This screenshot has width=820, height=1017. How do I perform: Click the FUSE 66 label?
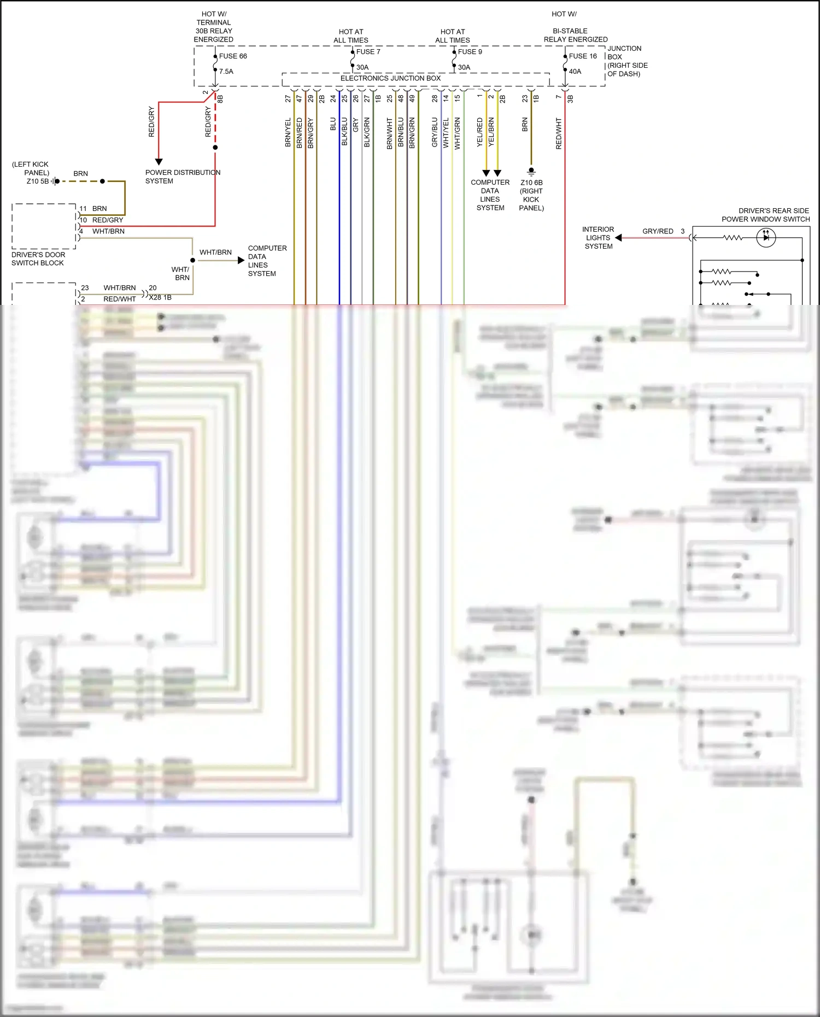pos(233,56)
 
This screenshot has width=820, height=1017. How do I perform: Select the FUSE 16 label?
pos(583,56)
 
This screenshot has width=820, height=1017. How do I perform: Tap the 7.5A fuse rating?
pos(226,72)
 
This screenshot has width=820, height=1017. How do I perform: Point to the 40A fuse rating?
pos(575,72)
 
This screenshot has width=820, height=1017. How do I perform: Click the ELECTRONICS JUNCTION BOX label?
pos(390,78)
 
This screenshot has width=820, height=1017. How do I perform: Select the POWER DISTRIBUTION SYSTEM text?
pos(183,177)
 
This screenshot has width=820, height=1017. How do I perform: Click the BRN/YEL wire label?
pos(288,133)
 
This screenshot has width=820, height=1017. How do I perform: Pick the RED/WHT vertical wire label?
pos(559,133)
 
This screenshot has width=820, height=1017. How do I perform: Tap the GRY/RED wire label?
pos(658,231)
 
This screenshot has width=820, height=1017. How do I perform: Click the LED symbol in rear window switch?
pos(766,238)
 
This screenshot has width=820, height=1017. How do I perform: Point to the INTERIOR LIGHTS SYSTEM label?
pos(598,238)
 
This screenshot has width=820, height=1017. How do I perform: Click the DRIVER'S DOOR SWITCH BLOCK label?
pos(38,259)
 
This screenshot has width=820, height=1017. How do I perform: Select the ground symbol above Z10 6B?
pos(531,171)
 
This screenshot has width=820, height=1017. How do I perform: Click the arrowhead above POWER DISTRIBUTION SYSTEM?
pos(159,162)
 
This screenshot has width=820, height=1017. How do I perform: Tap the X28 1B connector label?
pos(160,297)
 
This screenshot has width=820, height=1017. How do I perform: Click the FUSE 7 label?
pos(368,52)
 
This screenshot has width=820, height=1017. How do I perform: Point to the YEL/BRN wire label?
pos(491,132)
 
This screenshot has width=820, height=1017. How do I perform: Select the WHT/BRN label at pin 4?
pos(108,231)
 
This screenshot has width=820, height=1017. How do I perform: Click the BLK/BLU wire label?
pos(344,132)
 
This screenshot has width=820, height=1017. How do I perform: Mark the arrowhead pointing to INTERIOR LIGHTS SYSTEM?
pos(618,238)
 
